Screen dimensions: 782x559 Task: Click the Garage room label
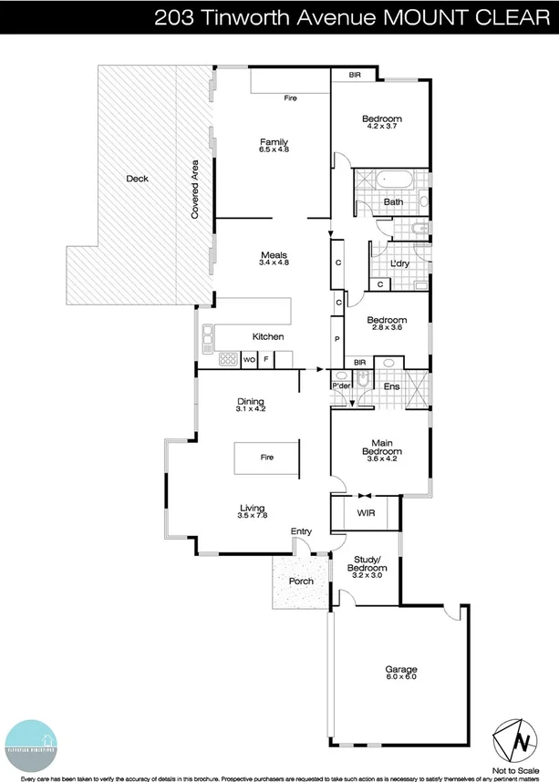point(400,670)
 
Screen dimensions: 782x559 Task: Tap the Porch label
point(301,581)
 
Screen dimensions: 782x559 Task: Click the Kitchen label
point(268,337)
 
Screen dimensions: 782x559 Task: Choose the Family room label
point(274,142)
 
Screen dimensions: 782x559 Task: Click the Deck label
point(137,179)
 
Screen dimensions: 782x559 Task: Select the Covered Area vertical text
point(194,189)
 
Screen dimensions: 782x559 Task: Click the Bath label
point(393,202)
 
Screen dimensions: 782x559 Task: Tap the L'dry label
point(399,264)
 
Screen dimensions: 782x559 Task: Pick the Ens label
point(391,387)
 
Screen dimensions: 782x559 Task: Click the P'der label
point(341,386)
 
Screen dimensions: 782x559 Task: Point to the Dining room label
point(250,401)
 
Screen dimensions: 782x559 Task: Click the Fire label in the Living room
point(267,457)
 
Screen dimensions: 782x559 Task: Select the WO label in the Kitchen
point(249,360)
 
